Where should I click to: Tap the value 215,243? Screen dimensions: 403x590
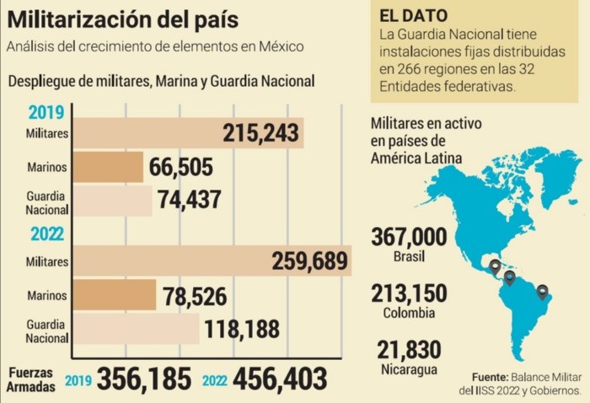[261, 133]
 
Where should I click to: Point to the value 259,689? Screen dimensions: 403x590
[309, 261]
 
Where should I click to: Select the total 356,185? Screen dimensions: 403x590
[144, 379]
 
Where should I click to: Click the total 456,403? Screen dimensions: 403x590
[279, 379]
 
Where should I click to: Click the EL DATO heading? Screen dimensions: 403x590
[414, 16]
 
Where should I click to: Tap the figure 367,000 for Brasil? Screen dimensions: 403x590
[406, 237]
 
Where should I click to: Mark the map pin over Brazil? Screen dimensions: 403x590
[543, 293]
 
